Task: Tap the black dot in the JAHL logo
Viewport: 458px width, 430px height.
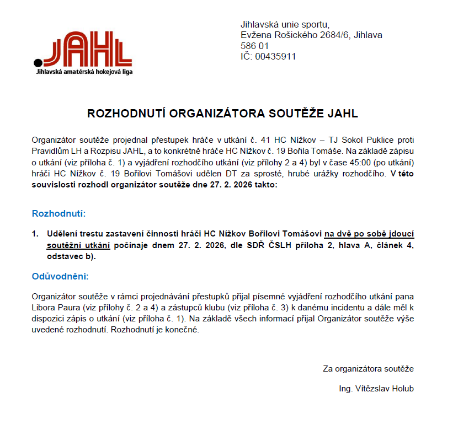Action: (x=38, y=61)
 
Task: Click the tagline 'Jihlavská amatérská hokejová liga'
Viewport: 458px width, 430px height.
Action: (x=83, y=72)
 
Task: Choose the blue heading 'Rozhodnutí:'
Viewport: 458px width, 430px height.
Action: (x=59, y=213)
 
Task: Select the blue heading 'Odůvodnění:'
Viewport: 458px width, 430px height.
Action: (x=61, y=276)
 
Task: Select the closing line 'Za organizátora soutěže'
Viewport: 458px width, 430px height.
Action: (x=368, y=369)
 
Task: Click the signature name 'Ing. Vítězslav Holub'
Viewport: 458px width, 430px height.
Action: (x=376, y=389)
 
